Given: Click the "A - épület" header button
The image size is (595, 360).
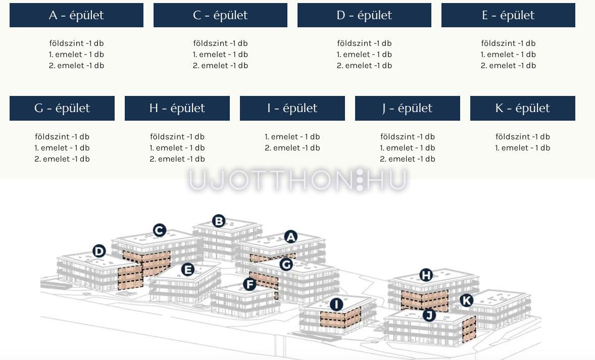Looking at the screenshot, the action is tap(76, 15).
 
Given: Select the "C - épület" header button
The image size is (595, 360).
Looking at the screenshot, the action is tap(220, 15).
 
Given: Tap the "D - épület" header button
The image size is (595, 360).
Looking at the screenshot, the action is tap(364, 15).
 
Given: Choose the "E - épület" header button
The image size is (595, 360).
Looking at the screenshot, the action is tap(508, 15).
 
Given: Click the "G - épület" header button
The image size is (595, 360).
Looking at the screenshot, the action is tap(62, 108).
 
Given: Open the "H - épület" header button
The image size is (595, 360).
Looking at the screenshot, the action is tap(177, 108).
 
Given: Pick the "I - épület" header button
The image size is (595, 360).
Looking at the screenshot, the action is tap(292, 108).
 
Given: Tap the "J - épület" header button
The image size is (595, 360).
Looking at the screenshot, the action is tap(408, 108).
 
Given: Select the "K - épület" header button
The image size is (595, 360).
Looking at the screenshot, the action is tap(523, 108).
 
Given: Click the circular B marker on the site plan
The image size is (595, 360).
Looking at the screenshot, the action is tap(219, 221).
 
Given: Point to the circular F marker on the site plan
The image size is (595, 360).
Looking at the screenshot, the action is tap(250, 284).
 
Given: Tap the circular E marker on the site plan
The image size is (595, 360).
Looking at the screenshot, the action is tap(188, 270).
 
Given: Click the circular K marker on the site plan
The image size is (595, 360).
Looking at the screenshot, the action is tap(466, 300).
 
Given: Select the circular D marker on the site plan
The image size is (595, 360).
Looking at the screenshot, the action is tap(99, 251).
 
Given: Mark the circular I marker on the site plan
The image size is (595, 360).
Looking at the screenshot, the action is tap(336, 304).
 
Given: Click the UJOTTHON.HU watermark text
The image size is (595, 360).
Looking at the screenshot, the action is tap(298, 180).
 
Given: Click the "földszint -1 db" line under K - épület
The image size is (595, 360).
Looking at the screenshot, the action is tap(523, 136).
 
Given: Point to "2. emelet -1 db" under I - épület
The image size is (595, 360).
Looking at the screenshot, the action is tap(292, 147).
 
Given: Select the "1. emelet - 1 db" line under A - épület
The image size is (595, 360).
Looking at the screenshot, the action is tap(76, 54).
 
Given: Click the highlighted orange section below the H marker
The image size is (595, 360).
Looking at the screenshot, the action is tap(425, 300).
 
